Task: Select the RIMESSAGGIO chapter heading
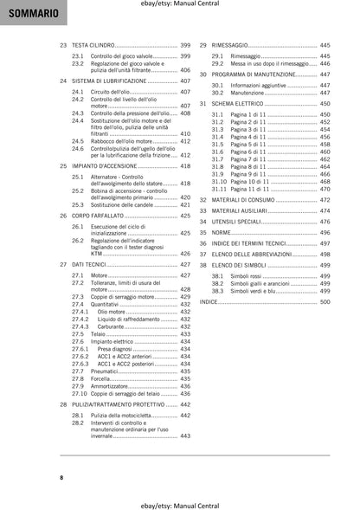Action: pyautogui.click(x=235, y=44)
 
